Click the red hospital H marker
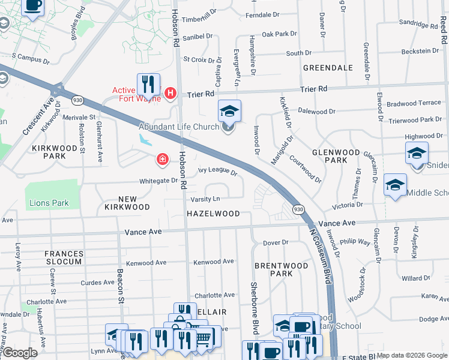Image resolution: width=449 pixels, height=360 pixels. [170, 93]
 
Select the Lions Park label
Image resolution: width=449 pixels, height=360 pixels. [49, 203]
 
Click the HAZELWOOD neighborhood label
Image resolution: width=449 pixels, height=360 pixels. [213, 214]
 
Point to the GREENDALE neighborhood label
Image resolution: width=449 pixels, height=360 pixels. [328, 68]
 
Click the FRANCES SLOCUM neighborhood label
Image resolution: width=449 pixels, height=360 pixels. [63, 258]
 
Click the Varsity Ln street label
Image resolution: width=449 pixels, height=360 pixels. [206, 199]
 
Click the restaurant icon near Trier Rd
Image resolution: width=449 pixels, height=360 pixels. [148, 84]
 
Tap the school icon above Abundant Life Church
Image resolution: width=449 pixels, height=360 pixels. [229, 111]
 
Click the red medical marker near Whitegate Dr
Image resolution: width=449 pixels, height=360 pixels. [162, 159]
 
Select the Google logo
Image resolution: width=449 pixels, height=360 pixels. [20, 353]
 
